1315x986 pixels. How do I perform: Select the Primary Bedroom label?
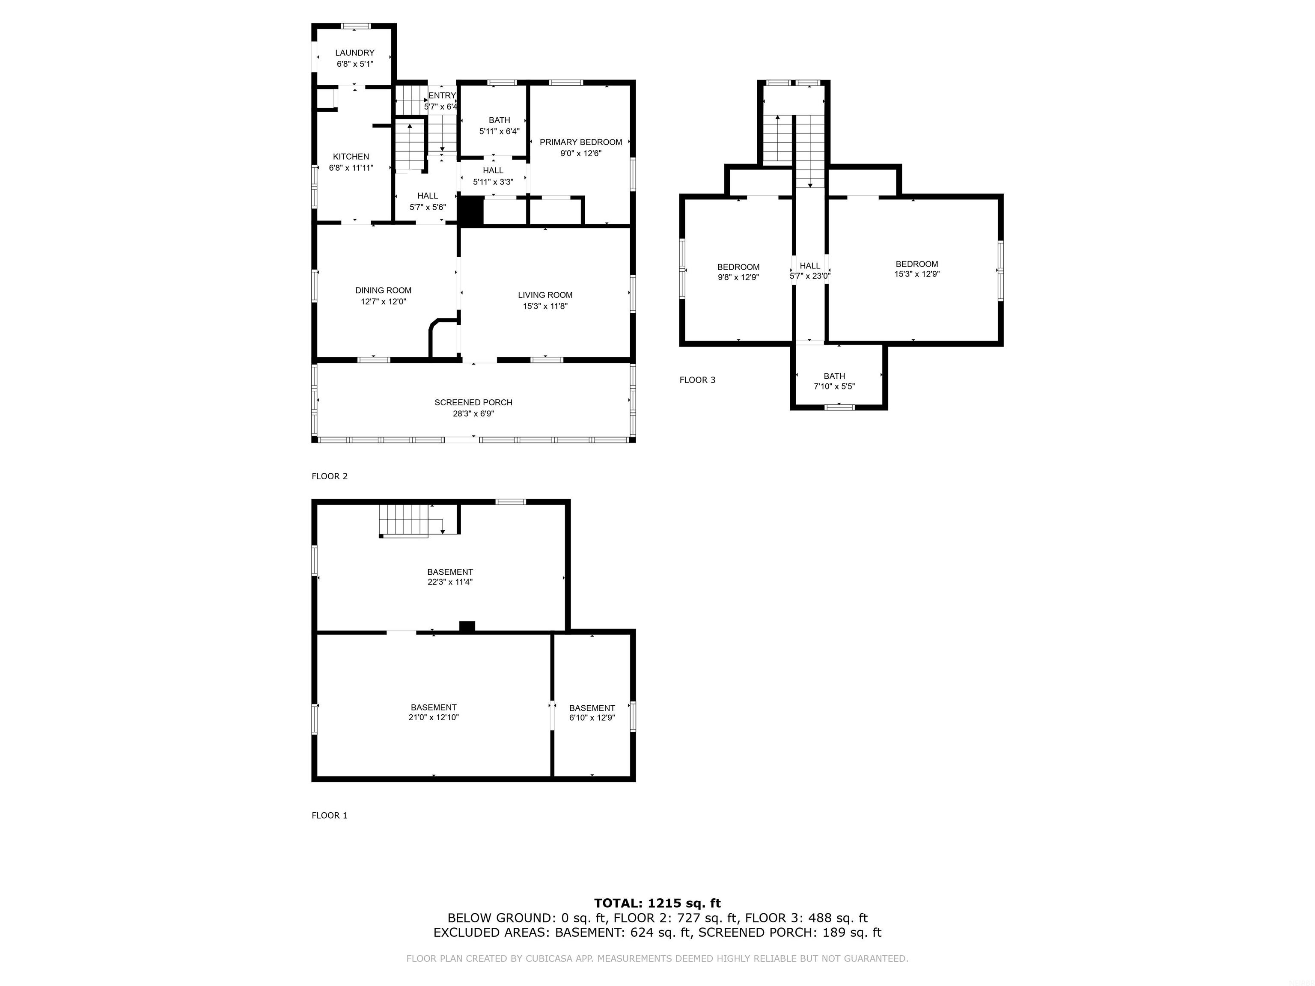click(581, 142)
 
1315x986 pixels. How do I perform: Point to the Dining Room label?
click(384, 291)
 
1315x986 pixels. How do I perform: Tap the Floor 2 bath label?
click(500, 121)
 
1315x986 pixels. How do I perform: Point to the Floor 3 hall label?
click(810, 266)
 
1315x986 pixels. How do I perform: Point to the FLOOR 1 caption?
click(329, 815)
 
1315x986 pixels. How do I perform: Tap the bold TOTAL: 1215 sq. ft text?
click(657, 904)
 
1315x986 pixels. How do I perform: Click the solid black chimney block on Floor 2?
click(471, 211)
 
